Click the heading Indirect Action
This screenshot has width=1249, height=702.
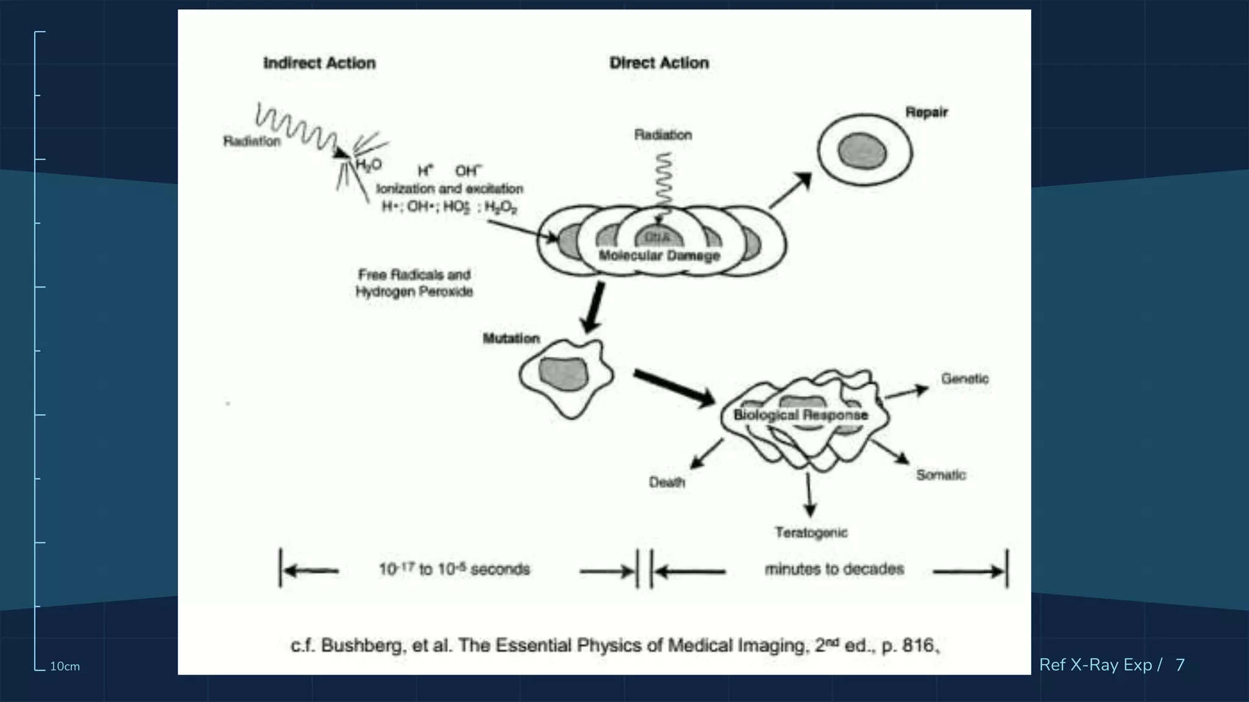319,63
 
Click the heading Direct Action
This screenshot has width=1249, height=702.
659,63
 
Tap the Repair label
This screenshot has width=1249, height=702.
926,112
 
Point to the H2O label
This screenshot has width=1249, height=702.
368,165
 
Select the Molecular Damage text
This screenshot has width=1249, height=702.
659,255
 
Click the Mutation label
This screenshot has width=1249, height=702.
511,338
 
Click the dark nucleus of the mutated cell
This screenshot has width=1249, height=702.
564,374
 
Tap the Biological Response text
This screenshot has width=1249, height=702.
800,415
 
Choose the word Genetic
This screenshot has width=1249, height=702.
964,378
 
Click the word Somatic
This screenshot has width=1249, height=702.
940,475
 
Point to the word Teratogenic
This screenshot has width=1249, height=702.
811,533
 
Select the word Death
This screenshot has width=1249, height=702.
667,483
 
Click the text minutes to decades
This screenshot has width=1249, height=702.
834,569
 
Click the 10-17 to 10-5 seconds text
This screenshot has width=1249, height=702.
454,569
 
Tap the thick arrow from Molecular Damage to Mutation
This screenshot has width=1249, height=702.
593,308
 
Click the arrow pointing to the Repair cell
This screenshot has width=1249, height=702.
790,191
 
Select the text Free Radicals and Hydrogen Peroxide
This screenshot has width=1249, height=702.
414,283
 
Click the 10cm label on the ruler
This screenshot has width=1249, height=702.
65,667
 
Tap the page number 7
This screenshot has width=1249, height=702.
1179,665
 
